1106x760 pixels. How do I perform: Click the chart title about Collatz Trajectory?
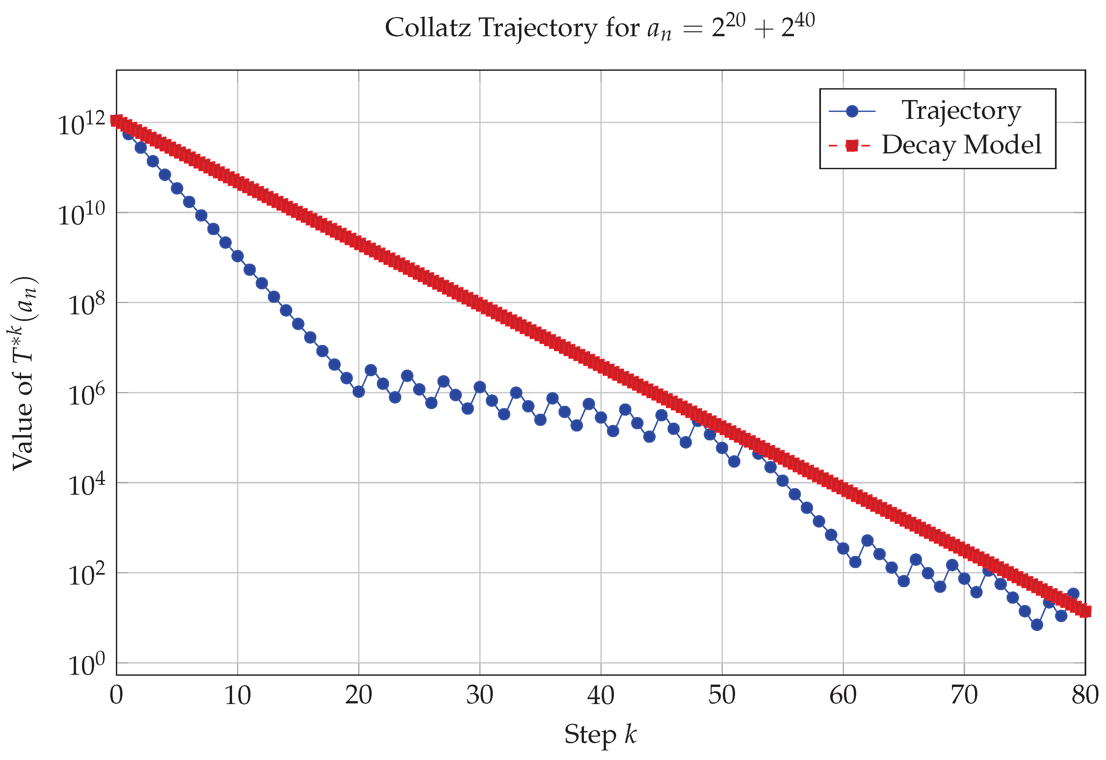coord(599,28)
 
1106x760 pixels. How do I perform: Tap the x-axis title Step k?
coord(600,734)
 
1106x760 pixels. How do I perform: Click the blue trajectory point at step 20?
coord(358,391)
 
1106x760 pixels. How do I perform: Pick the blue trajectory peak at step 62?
coord(867,540)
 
